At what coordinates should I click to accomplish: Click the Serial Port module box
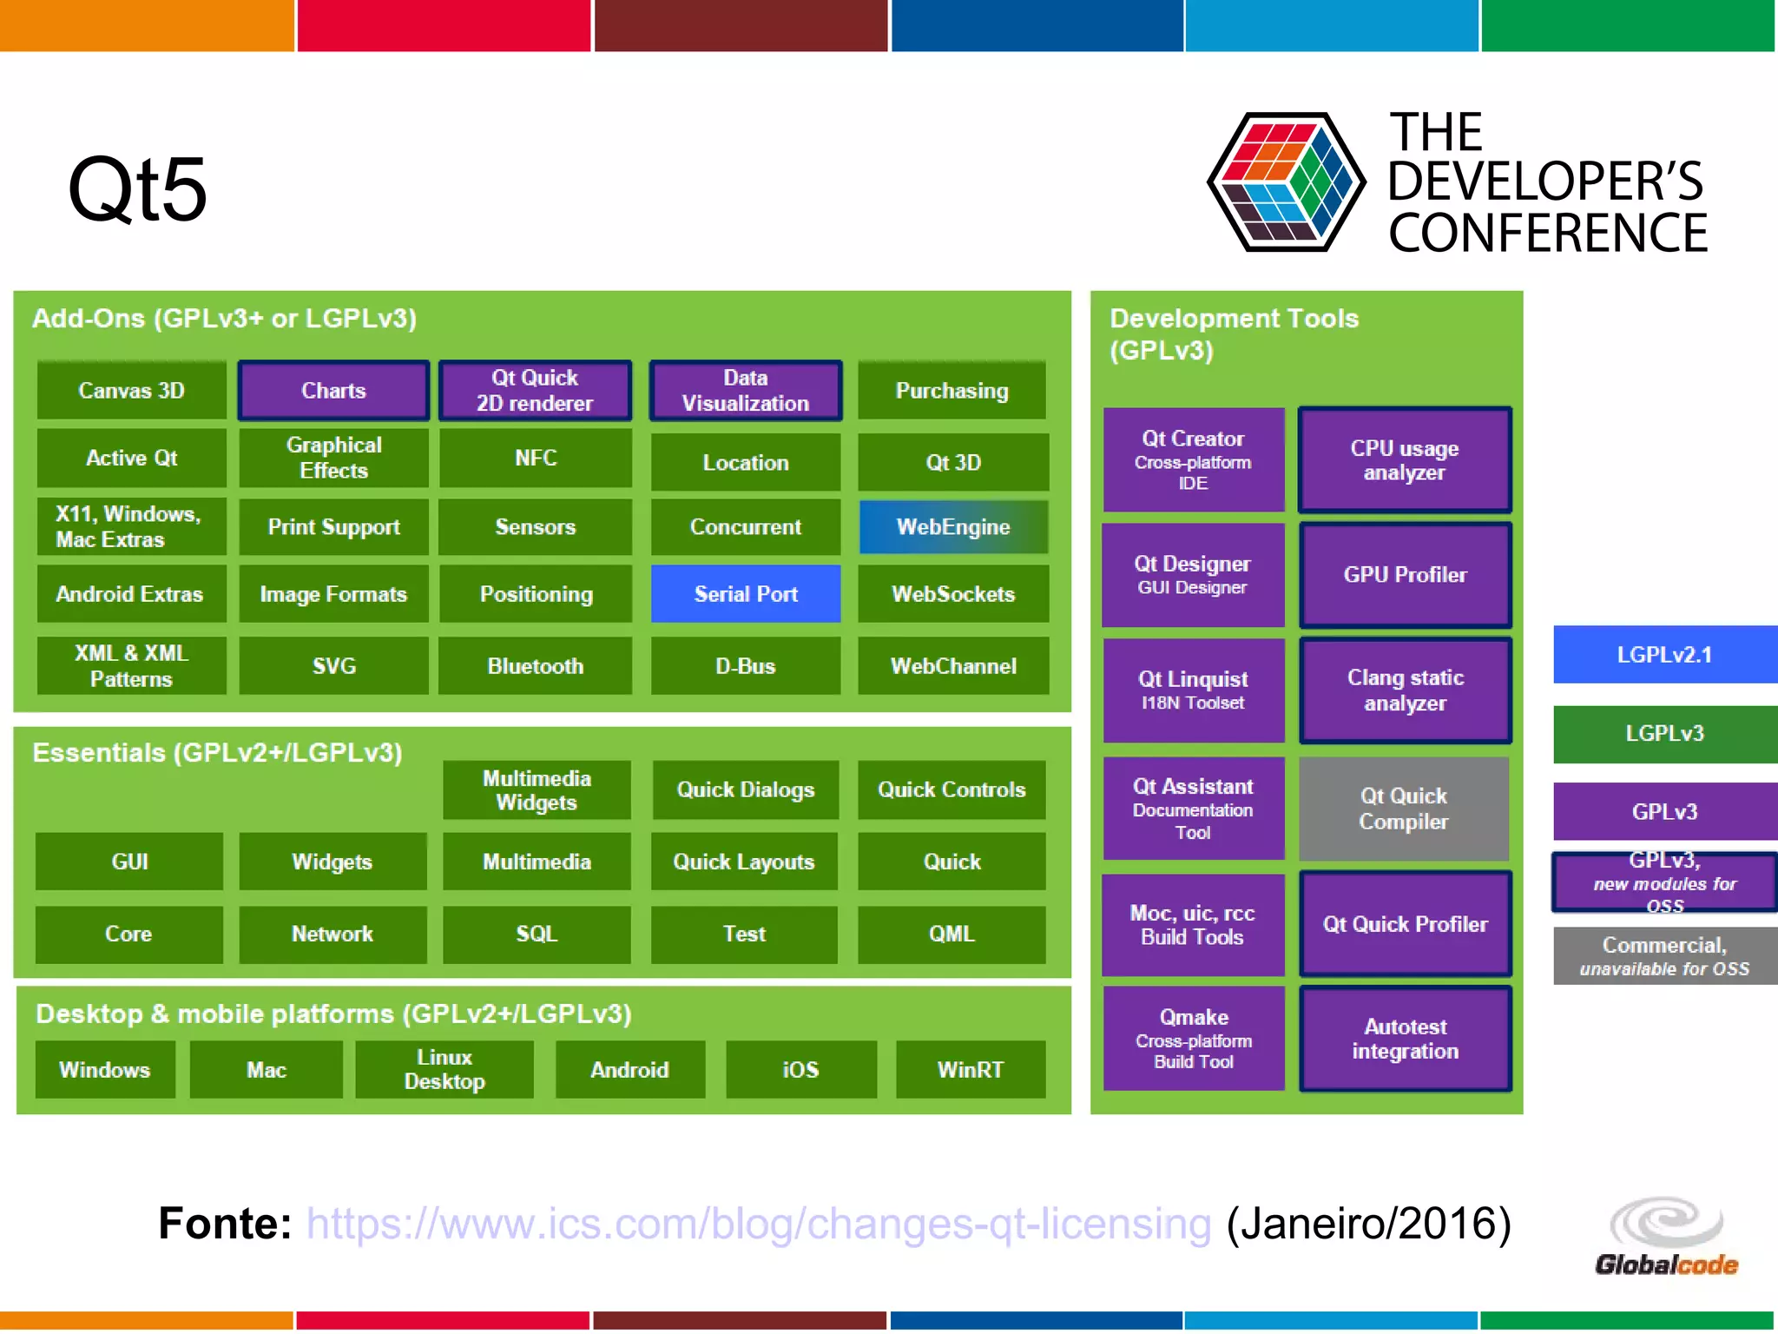coord(746,594)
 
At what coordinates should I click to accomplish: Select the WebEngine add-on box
coord(953,527)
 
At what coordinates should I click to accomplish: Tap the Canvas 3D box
coord(131,391)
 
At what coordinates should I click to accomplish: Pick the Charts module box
coord(333,391)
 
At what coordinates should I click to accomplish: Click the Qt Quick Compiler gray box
coord(1404,809)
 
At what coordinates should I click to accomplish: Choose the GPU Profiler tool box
coord(1405,575)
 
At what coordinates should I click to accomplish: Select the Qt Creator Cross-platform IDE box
coord(1193,459)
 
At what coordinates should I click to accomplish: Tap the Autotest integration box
coord(1405,1039)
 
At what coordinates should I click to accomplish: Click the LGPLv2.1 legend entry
coord(1664,655)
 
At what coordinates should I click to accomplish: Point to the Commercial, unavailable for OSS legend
coord(1664,956)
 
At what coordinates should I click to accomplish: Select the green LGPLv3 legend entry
coord(1664,734)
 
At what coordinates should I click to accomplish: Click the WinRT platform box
coord(970,1070)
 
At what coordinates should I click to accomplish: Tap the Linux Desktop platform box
coord(444,1069)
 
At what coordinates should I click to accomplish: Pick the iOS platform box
coord(800,1070)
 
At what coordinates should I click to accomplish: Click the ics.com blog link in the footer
coord(758,1224)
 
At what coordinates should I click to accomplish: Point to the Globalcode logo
coord(1666,1237)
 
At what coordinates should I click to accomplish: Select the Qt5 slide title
coord(137,189)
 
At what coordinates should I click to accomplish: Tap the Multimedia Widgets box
coord(537,790)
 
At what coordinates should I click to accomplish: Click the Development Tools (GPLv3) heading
coord(1234,333)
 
